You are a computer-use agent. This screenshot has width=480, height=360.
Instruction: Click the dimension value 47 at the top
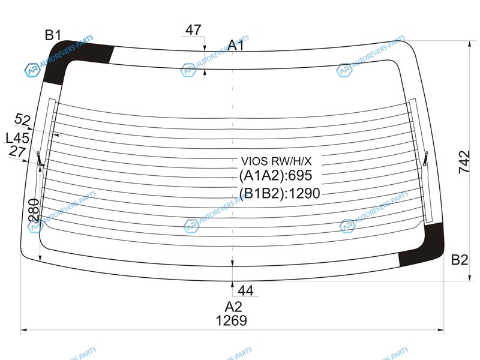tap(193, 30)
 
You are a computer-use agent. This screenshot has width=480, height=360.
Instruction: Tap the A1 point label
tap(236, 45)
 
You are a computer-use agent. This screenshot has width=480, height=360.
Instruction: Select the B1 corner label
tap(53, 35)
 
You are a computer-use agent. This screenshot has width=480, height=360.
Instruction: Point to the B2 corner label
tap(460, 260)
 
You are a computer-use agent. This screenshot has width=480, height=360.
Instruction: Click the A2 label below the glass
tap(233, 307)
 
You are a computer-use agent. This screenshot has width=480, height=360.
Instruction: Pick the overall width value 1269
tap(231, 320)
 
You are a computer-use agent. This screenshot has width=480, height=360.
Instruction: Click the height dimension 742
tap(464, 162)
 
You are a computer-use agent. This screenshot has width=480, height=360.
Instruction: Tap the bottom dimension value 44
tap(245, 290)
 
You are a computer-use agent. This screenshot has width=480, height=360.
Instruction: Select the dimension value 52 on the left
tap(23, 119)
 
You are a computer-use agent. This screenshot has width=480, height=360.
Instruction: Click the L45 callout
tap(18, 138)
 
